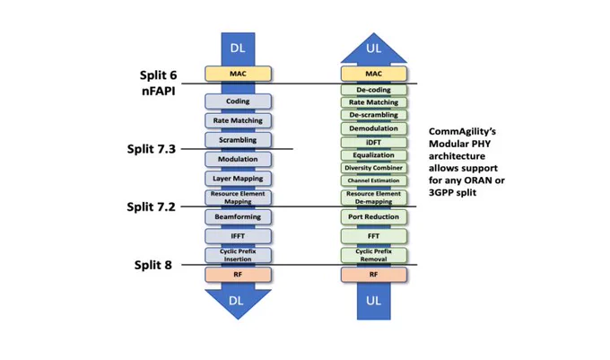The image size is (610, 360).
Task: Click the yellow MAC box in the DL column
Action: point(238,74)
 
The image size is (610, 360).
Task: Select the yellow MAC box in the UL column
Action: point(374,74)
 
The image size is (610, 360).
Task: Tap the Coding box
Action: point(238,101)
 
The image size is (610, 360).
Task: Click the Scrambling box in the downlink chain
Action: point(238,140)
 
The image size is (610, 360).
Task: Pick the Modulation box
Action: point(238,159)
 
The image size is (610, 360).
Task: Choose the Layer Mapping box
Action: point(238,179)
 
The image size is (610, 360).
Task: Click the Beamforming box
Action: point(238,216)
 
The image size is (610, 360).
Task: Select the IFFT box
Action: point(238,236)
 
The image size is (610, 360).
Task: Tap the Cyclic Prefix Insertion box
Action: point(238,255)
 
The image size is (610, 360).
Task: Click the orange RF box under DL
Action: point(238,275)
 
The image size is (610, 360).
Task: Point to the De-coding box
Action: point(374,90)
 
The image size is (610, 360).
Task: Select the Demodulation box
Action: point(374,128)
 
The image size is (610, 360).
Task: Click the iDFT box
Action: point(374,143)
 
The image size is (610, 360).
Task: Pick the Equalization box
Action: point(374,155)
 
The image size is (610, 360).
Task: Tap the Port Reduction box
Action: point(374,216)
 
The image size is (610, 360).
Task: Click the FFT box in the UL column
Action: point(374,236)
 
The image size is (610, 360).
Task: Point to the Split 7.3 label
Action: point(152,149)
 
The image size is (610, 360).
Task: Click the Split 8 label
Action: point(152,265)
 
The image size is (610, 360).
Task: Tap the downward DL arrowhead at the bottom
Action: point(238,304)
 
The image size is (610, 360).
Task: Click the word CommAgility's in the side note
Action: point(462,132)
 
